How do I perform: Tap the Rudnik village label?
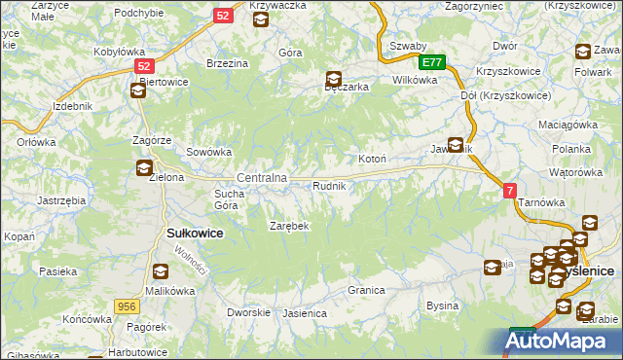click(329, 185)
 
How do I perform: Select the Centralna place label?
click(262, 178)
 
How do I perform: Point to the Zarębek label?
click(289, 226)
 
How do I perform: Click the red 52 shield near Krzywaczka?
click(224, 16)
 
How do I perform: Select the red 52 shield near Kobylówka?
click(145, 66)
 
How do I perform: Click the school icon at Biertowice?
click(138, 90)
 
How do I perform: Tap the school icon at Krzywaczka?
click(261, 17)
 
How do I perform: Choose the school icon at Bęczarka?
click(334, 80)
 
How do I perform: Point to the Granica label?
click(366, 290)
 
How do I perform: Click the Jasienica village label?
click(304, 314)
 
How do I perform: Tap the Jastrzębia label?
click(60, 199)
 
